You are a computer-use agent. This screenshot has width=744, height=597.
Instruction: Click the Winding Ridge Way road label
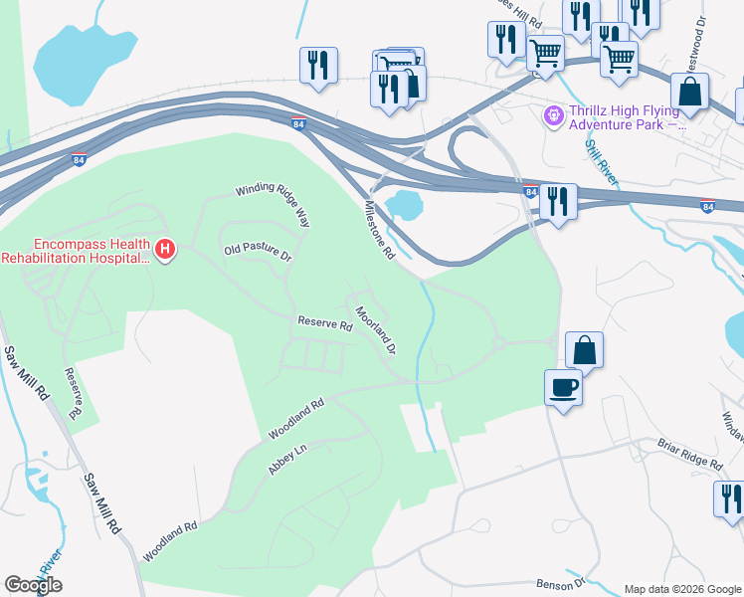pyautogui.click(x=273, y=206)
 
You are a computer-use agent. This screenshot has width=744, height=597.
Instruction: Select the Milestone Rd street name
pyautogui.click(x=380, y=230)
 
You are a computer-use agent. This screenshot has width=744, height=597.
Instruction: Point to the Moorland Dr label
pyautogui.click(x=377, y=330)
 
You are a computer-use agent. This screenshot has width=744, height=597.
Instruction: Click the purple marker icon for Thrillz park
pyautogui.click(x=552, y=117)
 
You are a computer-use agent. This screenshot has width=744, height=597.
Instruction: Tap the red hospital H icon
pyautogui.click(x=165, y=249)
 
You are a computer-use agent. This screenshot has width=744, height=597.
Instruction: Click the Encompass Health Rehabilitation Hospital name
pyautogui.click(x=77, y=251)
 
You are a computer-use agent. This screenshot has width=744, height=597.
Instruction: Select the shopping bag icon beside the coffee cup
pyautogui.click(x=584, y=349)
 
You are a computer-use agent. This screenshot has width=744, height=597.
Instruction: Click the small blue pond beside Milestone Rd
pyautogui.click(x=404, y=206)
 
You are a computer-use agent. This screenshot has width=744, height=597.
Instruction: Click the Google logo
pyautogui.click(x=33, y=585)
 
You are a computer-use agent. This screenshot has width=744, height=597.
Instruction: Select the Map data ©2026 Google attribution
pyautogui.click(x=681, y=588)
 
